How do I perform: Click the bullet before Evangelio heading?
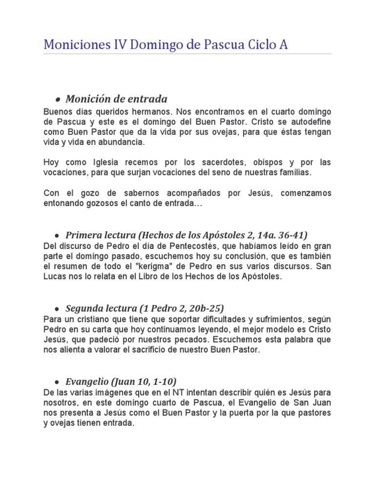click(58, 381)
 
